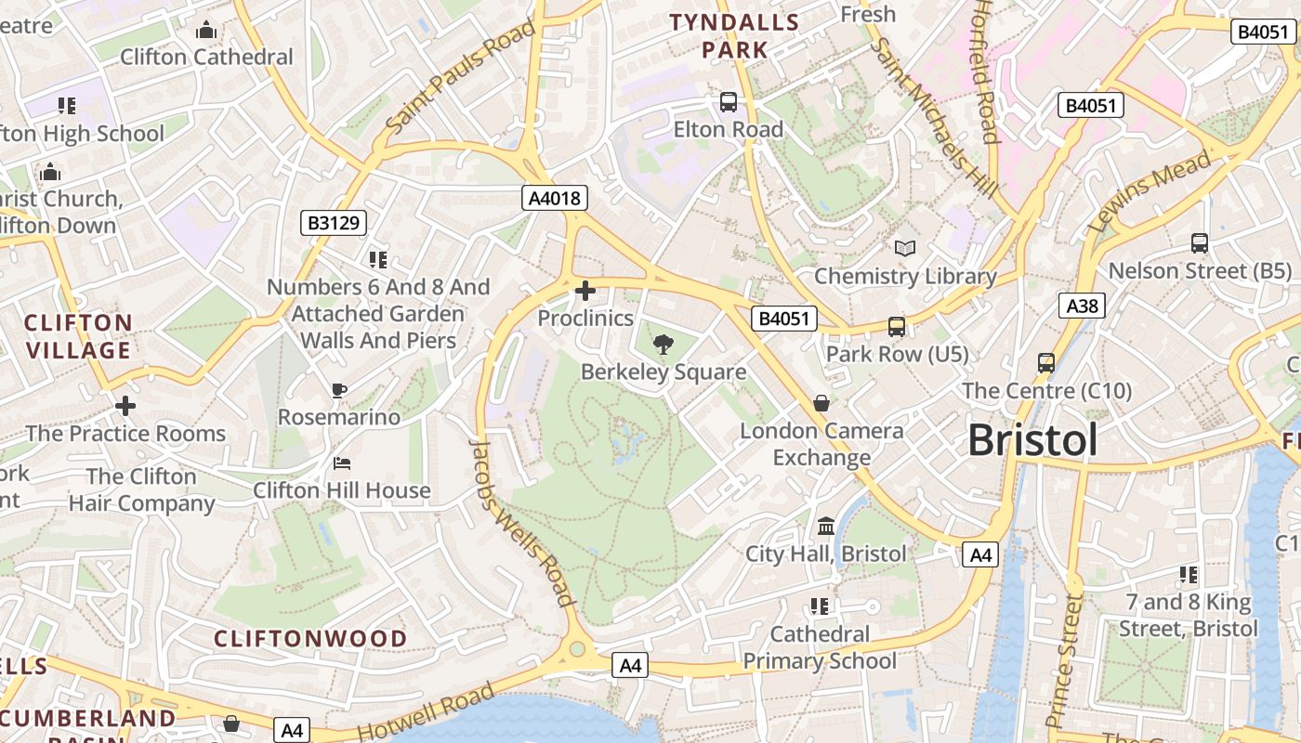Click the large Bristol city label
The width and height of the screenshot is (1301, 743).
[1032, 439]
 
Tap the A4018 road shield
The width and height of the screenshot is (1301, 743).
[554, 197]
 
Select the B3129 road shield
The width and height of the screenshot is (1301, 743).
[335, 223]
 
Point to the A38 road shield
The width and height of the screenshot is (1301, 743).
[1082, 306]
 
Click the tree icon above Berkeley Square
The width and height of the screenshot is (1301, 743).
[664, 345]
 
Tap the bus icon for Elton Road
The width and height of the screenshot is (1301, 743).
[729, 102]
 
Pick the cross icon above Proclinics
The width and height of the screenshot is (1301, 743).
[585, 292]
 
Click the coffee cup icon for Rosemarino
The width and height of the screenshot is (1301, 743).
[339, 391]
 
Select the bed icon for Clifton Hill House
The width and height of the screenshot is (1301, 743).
[342, 463]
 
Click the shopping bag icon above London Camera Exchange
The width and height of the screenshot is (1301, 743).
[821, 403]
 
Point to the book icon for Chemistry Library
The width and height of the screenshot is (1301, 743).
[905, 249]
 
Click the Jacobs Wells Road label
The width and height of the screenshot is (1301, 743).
[523, 522]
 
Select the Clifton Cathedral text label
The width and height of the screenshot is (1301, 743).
[206, 57]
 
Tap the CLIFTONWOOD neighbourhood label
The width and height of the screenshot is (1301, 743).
[310, 638]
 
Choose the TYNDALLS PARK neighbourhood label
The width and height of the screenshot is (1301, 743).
[735, 35]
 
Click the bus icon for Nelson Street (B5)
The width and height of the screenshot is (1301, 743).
[1200, 243]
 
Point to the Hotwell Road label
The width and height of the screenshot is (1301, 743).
[426, 713]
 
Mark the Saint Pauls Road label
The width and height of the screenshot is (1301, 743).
[461, 76]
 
